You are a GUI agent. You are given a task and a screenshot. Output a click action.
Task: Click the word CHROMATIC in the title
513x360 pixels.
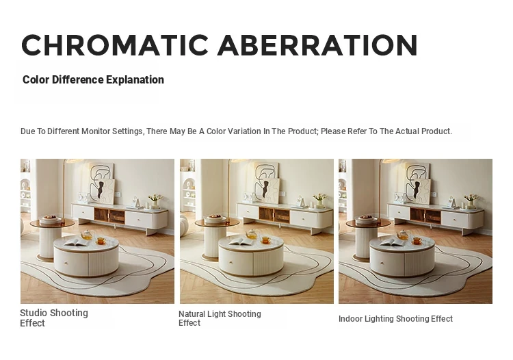click(x=115, y=45)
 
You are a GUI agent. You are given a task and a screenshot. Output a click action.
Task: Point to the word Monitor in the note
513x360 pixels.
click(x=96, y=131)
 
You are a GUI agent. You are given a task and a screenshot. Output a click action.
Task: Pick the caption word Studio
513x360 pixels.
click(x=34, y=313)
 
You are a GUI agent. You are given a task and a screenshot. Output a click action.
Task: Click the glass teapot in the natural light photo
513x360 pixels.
click(x=252, y=233)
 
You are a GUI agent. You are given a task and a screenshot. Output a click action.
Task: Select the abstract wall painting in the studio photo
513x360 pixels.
click(x=102, y=183)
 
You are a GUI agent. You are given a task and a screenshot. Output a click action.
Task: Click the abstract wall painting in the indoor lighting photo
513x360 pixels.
click(x=417, y=183)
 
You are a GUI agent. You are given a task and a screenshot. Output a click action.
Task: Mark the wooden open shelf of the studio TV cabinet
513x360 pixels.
click(x=109, y=216)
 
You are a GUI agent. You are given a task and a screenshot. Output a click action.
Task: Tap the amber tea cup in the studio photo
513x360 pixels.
click(x=101, y=241)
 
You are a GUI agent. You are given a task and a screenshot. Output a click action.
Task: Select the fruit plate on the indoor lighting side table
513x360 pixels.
click(x=366, y=218)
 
